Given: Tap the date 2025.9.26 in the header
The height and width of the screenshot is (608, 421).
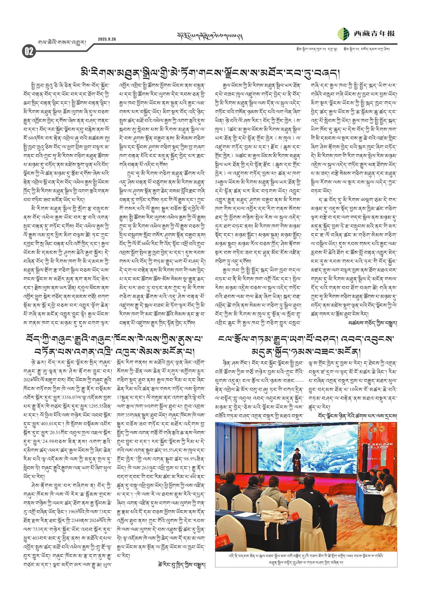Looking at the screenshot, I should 107,39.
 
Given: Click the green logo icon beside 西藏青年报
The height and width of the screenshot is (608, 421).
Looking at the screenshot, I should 344,34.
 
